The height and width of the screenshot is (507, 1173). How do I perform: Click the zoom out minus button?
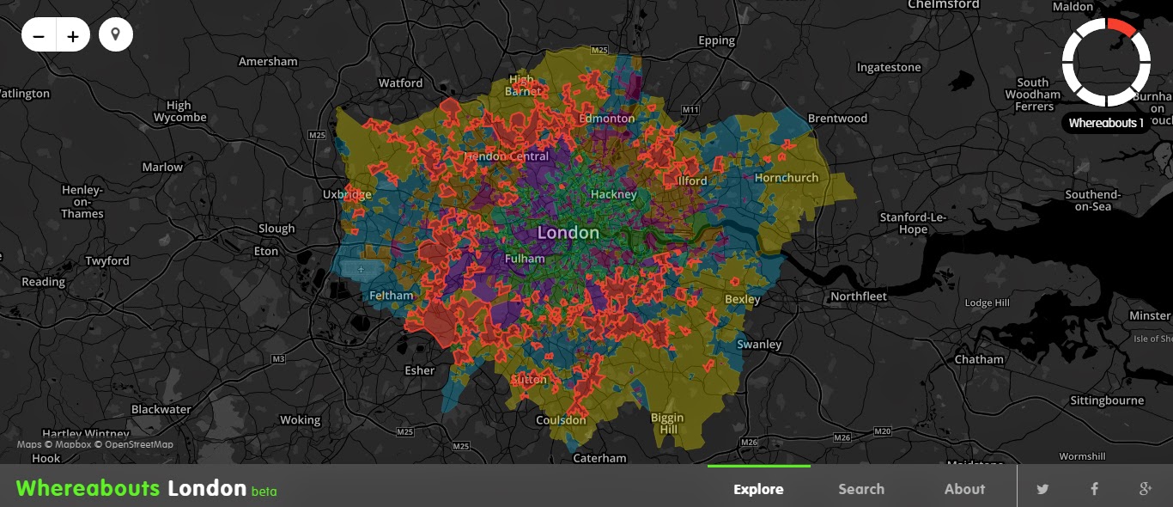(x=39, y=36)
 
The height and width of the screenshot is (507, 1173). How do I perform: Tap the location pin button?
(x=116, y=35)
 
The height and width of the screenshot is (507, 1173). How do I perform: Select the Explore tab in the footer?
(x=758, y=489)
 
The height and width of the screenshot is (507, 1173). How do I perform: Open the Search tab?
(x=860, y=489)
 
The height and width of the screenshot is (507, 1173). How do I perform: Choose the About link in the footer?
(x=964, y=489)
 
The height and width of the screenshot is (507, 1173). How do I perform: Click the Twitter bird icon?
(x=1042, y=489)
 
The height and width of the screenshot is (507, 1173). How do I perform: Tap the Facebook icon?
(x=1094, y=489)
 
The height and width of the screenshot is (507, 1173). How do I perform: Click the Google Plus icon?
(x=1145, y=489)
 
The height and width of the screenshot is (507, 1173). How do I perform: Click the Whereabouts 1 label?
(x=1106, y=123)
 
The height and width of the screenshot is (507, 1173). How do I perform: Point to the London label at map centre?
(x=568, y=233)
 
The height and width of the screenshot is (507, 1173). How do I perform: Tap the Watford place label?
(x=400, y=83)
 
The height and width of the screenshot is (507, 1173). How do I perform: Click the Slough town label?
(x=277, y=229)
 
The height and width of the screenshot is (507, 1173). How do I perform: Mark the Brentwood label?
(x=837, y=119)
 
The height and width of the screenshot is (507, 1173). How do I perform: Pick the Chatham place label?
(x=978, y=359)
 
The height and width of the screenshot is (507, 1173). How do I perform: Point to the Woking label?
(x=300, y=420)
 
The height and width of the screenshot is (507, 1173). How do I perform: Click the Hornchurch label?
(x=787, y=178)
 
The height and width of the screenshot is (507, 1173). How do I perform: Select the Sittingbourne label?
(x=1107, y=400)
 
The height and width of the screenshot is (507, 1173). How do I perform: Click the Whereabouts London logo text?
(x=131, y=488)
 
